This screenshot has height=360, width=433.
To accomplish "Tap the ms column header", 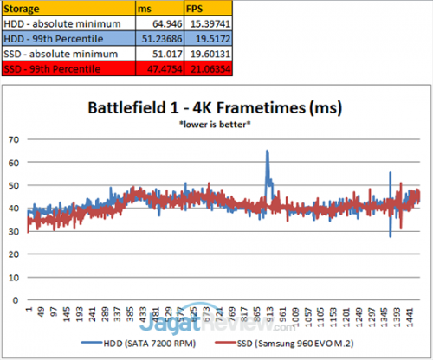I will click(141, 7).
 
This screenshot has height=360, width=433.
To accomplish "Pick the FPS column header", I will click(191, 7).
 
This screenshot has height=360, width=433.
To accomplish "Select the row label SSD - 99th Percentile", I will click(51, 68).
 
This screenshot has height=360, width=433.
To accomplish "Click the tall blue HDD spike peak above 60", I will click(267, 151).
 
